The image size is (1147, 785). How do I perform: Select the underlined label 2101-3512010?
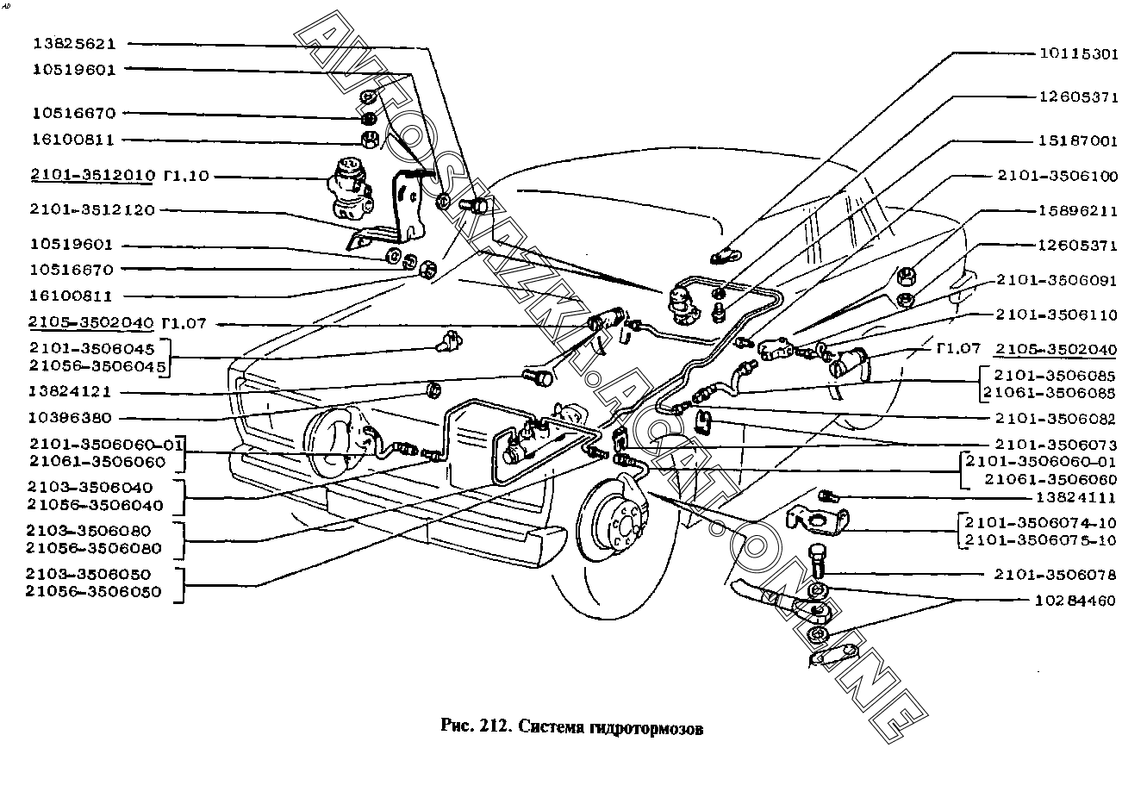(92, 176)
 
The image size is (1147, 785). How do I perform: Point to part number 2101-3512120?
(92, 209)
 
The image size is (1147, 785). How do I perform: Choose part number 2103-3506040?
(90, 488)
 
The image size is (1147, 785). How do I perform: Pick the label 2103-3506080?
(90, 531)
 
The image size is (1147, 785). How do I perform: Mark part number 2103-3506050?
(90, 574)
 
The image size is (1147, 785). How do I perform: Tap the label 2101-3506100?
(1057, 176)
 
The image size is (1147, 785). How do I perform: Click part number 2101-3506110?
(1056, 315)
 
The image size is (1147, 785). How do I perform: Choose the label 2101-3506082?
(1056, 419)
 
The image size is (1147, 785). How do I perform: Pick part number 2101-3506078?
(1056, 574)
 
